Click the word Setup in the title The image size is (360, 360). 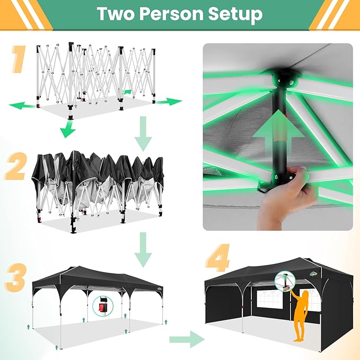point(237,14)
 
